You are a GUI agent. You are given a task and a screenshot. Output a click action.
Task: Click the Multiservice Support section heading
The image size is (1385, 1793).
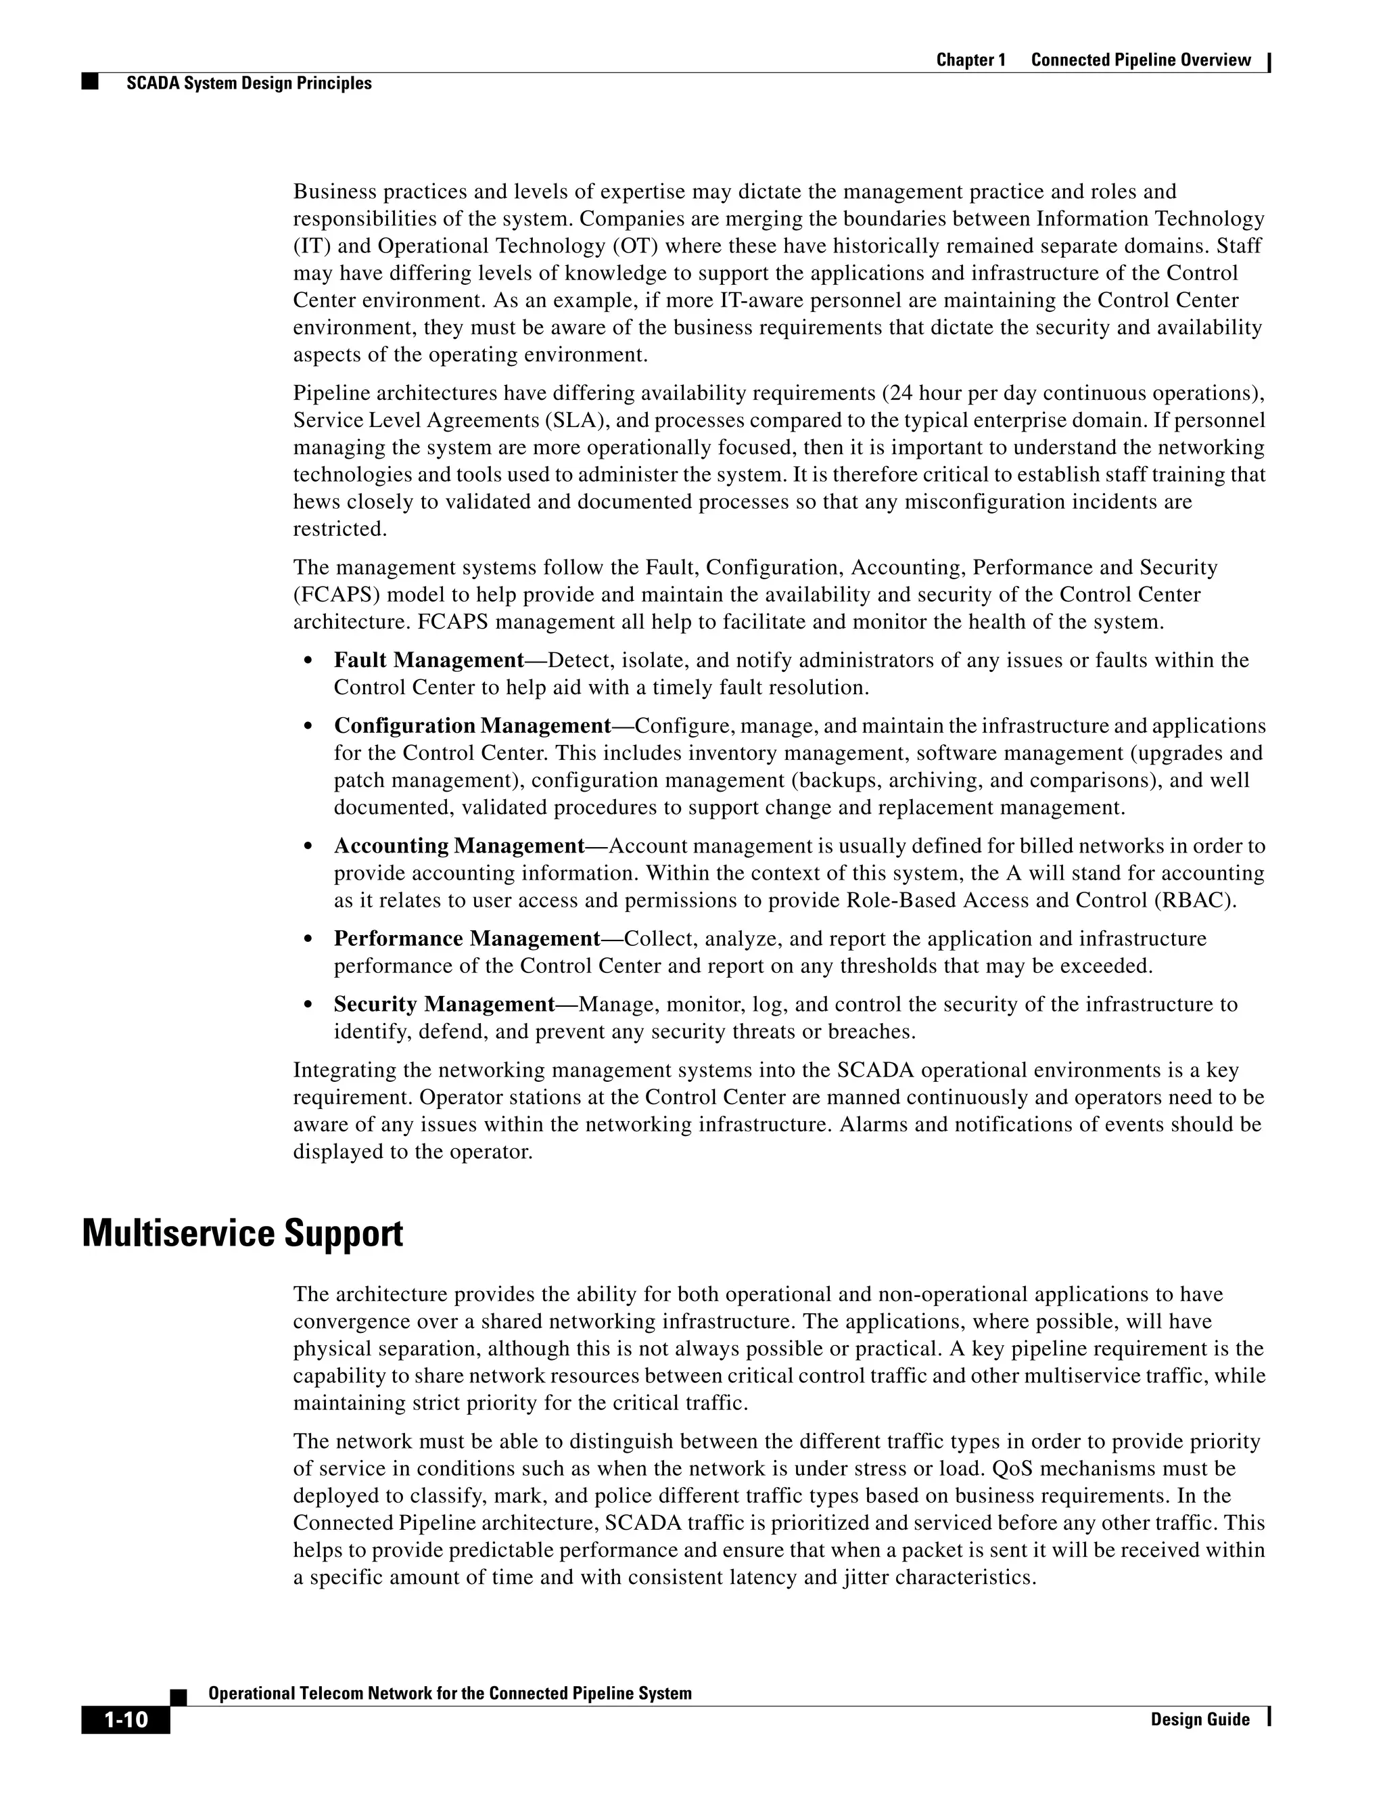coord(242,1234)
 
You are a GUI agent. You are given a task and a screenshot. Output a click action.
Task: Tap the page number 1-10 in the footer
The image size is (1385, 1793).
coord(126,1719)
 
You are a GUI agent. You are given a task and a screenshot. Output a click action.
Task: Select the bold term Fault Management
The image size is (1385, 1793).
coord(428,660)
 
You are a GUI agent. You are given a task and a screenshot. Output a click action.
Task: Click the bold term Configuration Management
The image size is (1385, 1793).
coord(473,726)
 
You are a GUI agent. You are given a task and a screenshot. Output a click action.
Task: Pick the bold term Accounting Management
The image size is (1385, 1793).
coord(459,846)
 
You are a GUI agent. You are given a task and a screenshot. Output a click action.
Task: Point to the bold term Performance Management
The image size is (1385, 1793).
coord(467,938)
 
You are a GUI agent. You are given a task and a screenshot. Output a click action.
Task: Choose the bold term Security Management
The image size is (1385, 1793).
coord(444,1004)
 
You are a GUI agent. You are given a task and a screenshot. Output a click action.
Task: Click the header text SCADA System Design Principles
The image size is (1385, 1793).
coord(249,83)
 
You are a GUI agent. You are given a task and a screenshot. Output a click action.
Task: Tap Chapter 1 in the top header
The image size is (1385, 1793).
coord(970,60)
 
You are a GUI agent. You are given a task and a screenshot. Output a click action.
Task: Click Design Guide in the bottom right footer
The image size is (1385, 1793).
coord(1200,1719)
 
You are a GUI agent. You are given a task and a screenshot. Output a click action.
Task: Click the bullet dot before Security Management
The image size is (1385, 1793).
coord(308,1005)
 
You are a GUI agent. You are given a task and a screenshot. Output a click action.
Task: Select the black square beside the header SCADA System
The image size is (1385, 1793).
coord(89,82)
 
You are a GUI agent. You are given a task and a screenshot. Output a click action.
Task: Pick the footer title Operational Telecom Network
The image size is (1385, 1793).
coord(450,1693)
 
